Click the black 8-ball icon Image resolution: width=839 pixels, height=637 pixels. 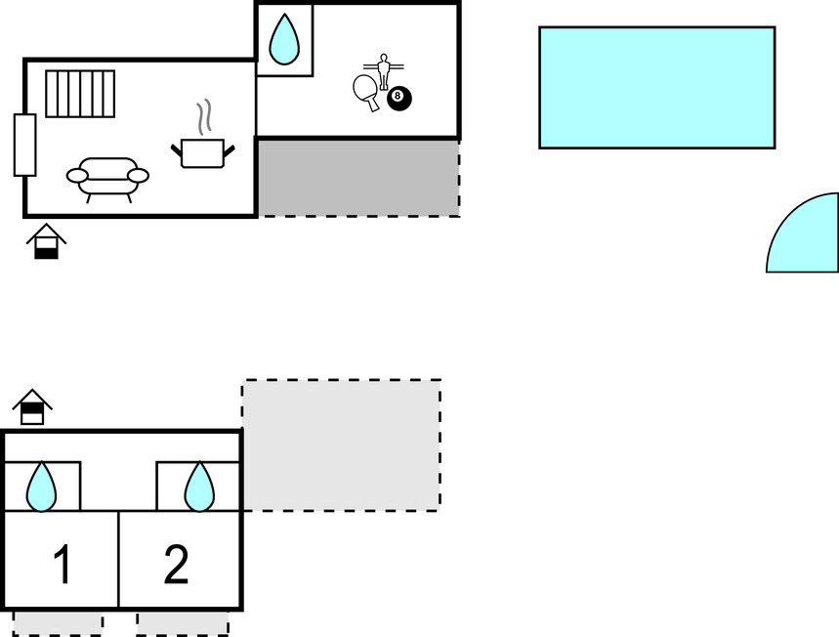click(x=399, y=99)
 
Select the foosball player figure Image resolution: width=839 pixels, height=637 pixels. click(x=383, y=71)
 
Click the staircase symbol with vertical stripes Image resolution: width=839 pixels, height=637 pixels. click(x=80, y=94)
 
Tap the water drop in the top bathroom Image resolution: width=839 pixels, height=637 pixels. click(x=284, y=39)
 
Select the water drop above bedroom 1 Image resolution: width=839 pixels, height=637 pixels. click(x=41, y=487)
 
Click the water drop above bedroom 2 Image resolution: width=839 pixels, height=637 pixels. click(x=199, y=487)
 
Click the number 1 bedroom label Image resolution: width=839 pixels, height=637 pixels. click(x=63, y=564)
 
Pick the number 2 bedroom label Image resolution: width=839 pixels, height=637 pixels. click(x=176, y=564)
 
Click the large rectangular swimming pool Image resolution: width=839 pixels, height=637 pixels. click(x=657, y=87)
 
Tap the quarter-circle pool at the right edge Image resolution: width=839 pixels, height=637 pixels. click(x=803, y=233)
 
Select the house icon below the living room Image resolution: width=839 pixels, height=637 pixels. click(x=47, y=241)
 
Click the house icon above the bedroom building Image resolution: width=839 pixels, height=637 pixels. click(x=32, y=406)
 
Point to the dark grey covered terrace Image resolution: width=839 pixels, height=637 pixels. click(x=358, y=178)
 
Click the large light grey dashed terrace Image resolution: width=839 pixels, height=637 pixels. click(x=342, y=446)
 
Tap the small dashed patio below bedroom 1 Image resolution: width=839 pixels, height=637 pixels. click(x=58, y=624)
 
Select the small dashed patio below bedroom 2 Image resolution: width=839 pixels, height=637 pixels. click(x=183, y=624)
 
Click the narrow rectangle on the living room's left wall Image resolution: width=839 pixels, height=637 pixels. click(x=24, y=145)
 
